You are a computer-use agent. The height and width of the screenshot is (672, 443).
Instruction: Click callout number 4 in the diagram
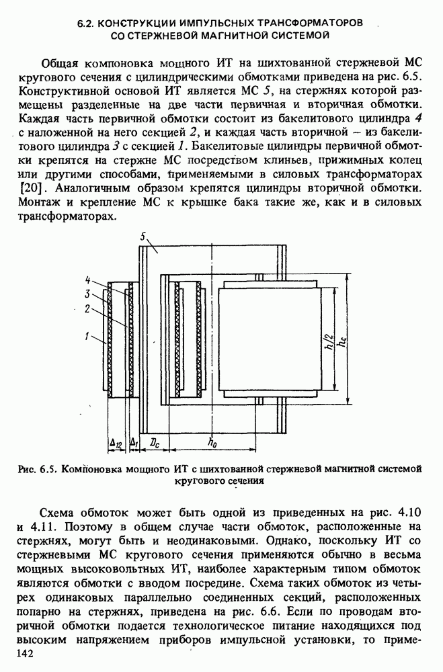coord(88,279)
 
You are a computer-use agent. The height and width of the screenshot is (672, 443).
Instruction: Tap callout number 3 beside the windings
coord(88,294)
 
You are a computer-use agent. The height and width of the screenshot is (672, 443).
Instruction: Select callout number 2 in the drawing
coord(88,308)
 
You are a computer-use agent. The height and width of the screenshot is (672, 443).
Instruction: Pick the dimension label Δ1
coord(134,444)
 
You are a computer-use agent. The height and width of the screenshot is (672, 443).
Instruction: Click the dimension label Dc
coord(155,444)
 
